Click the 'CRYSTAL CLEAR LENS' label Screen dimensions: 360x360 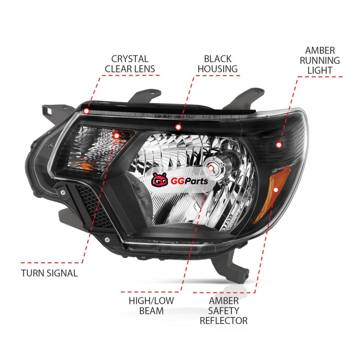(130, 64)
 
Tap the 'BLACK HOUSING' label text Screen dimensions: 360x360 (217, 64)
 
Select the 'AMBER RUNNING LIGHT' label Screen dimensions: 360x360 (319, 60)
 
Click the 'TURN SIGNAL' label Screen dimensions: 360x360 (49, 273)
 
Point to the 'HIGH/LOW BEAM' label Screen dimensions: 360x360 (151, 306)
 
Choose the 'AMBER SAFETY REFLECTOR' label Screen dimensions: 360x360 (224, 310)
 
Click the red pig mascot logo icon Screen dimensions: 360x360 (160, 180)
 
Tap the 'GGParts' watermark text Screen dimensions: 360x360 (189, 181)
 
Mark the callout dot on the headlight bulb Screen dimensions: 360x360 (211, 168)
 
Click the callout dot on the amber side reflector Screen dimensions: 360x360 (275, 189)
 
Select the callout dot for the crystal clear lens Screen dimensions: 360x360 (86, 111)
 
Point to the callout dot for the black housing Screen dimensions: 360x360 (178, 127)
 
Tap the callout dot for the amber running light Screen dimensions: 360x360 (279, 145)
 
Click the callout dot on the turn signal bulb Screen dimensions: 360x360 (117, 136)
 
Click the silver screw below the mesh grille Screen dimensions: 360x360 (107, 240)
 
